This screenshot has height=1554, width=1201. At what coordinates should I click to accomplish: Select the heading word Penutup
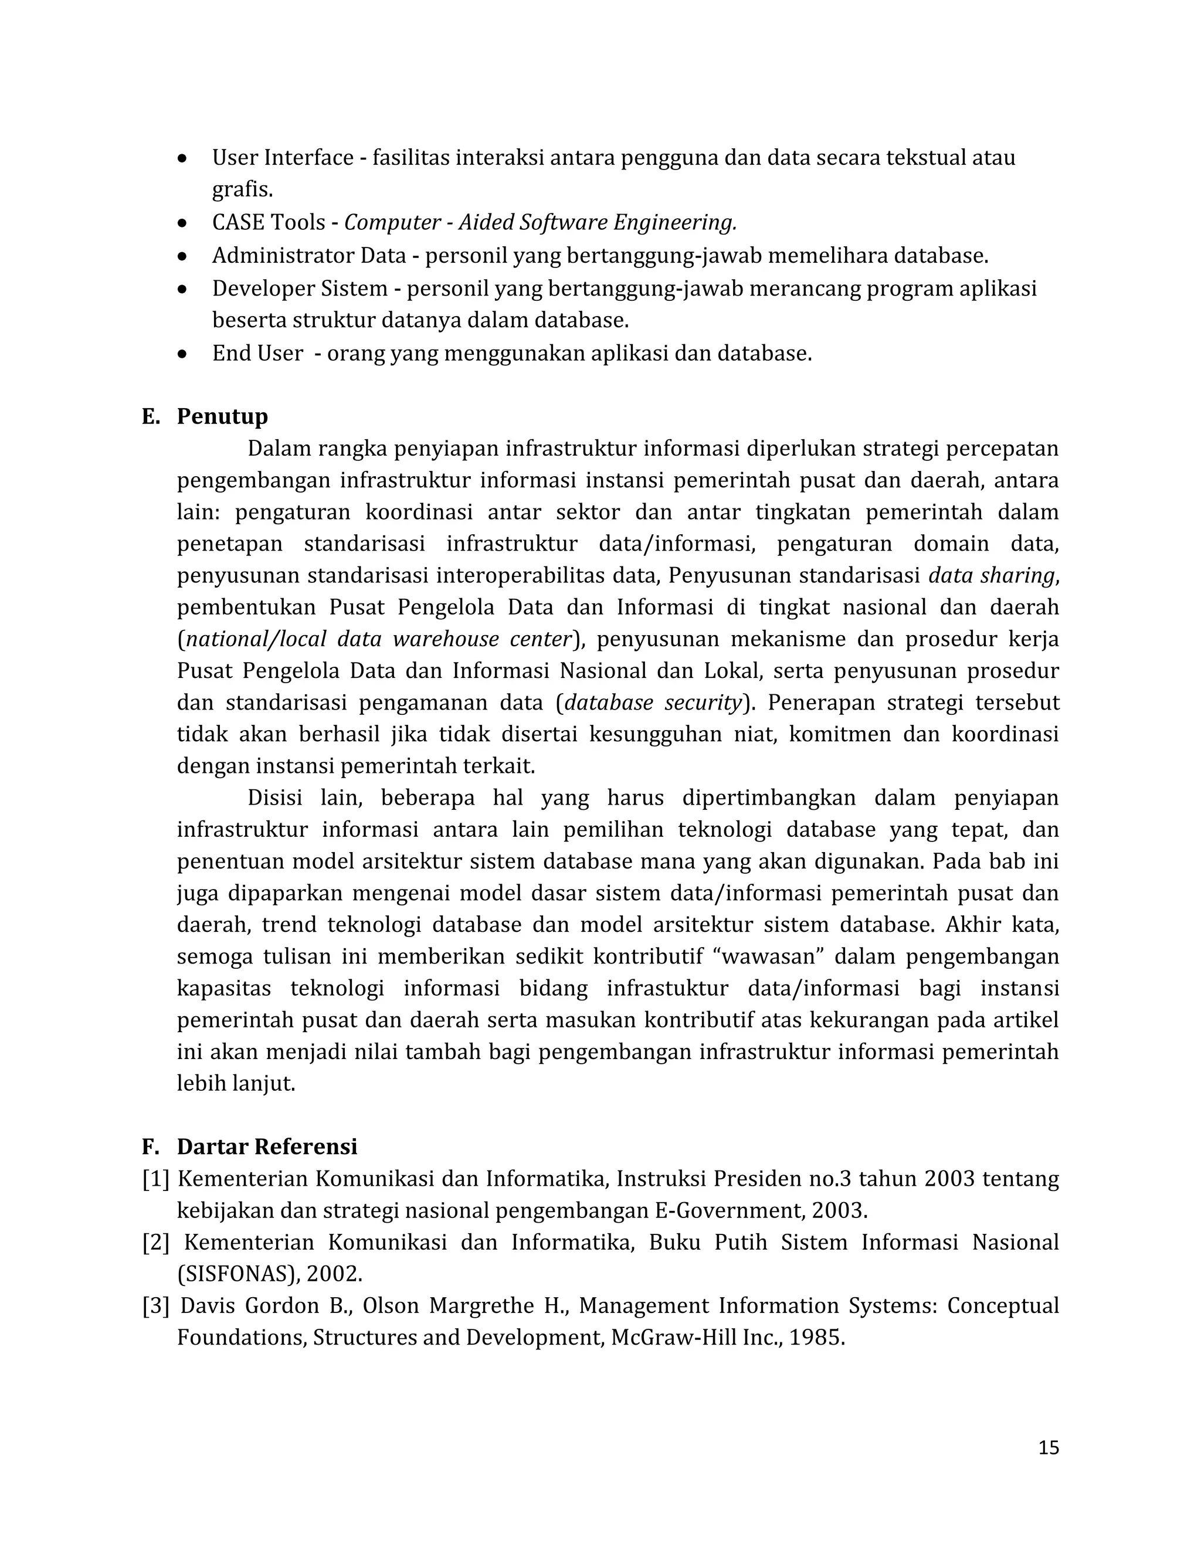point(222,416)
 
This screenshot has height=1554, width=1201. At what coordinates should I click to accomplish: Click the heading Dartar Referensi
point(267,1147)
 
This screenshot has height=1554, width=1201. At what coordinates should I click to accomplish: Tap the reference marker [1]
point(156,1179)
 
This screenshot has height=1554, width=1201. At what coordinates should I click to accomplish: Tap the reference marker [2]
point(156,1243)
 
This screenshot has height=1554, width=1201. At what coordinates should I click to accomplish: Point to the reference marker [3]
point(156,1306)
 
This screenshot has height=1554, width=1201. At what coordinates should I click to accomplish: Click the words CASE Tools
point(268,223)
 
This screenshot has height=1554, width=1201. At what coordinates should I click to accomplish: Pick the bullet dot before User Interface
point(183,158)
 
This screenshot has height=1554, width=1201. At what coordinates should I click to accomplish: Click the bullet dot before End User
point(183,354)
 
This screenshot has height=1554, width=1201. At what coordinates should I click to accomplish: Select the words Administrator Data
point(309,256)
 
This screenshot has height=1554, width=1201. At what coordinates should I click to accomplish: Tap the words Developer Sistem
point(300,288)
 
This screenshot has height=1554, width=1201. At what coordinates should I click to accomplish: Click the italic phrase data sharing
point(992,576)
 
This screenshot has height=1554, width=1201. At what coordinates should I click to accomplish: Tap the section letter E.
point(150,416)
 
